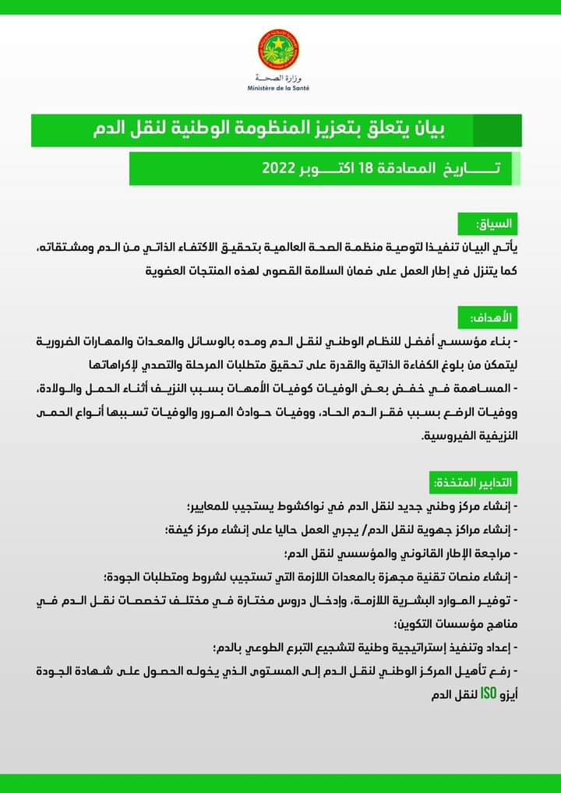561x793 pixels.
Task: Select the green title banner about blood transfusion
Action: (276, 129)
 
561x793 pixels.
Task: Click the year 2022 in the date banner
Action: (278, 168)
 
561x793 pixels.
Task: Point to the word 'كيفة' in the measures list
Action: (185, 530)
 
